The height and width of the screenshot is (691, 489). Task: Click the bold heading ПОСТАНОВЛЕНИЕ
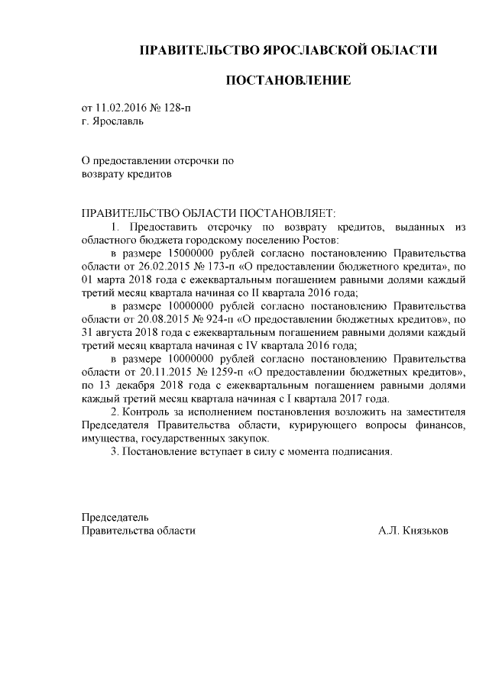(287, 80)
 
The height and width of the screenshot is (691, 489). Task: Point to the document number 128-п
(177, 108)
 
